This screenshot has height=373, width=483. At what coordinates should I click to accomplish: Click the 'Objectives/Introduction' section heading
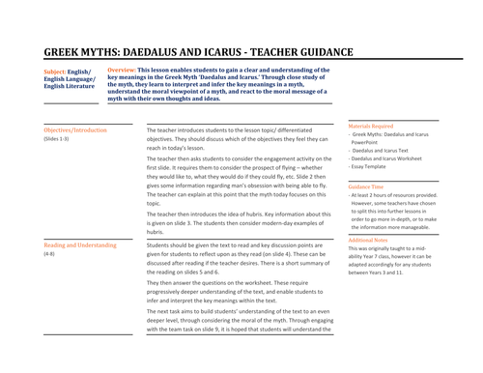click(75, 129)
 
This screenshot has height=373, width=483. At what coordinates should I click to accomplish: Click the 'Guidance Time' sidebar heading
click(368, 187)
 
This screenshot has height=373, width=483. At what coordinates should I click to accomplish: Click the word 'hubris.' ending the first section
click(156, 232)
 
